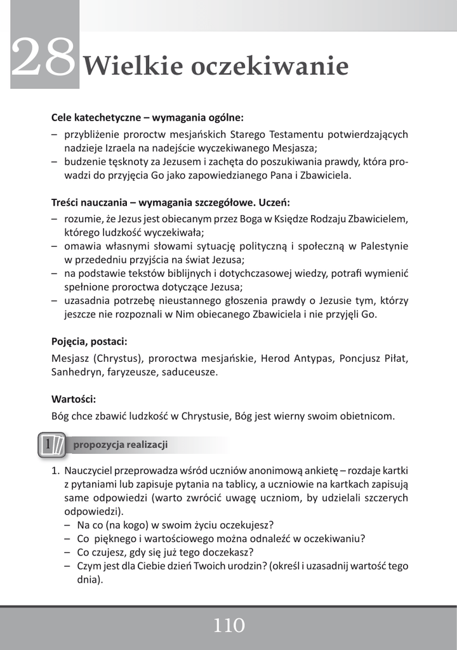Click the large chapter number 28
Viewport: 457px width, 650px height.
click(43, 59)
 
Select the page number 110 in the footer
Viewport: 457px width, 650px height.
click(228, 626)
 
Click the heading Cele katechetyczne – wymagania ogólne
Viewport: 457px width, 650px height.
click(147, 117)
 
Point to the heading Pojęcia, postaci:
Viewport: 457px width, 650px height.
click(89, 341)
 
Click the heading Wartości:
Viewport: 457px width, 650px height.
click(74, 399)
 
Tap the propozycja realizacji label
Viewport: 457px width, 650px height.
click(121, 444)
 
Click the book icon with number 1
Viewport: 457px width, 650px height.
click(51, 444)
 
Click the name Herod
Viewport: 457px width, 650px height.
click(274, 358)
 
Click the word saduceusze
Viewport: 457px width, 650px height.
click(191, 372)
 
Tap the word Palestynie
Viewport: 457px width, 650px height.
click(384, 246)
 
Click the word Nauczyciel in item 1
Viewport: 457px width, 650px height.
click(91, 470)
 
